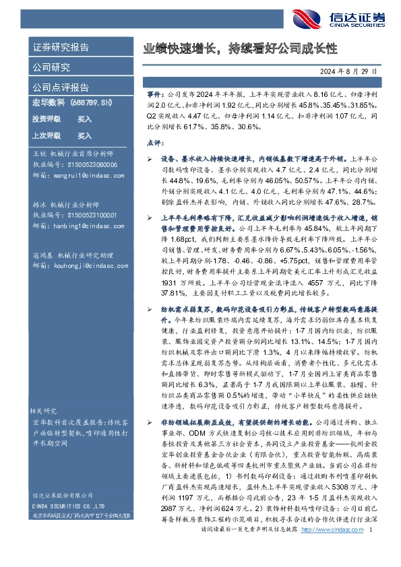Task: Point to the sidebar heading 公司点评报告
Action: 61,87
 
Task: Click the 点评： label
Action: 156,143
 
